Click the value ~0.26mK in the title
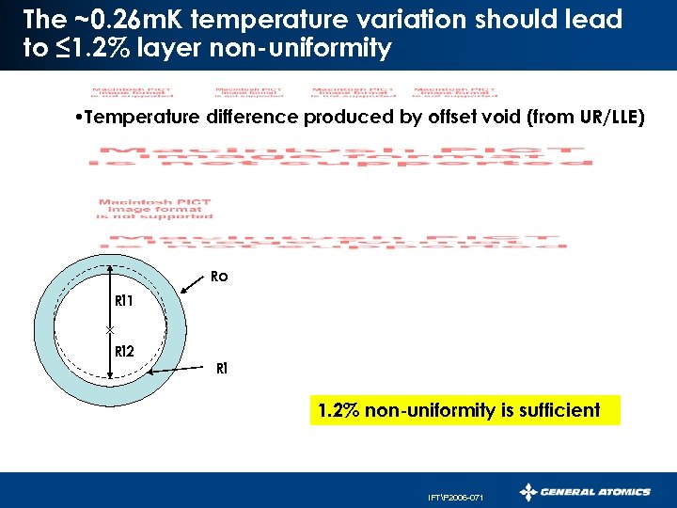(x=109, y=19)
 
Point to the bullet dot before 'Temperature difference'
(x=75, y=118)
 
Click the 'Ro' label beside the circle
(x=218, y=278)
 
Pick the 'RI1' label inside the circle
(x=123, y=302)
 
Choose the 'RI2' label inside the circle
(x=123, y=351)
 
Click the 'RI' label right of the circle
(x=222, y=368)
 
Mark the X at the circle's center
(x=111, y=330)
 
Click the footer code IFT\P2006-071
(x=454, y=496)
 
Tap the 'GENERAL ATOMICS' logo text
(x=596, y=492)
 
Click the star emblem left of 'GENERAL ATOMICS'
(x=529, y=492)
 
